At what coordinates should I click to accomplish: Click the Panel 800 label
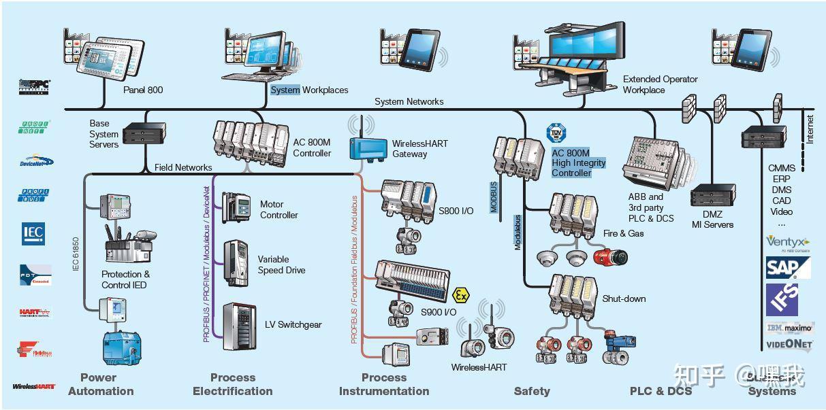(143, 90)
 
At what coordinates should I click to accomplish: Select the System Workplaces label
(309, 90)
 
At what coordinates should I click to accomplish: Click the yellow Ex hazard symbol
(461, 295)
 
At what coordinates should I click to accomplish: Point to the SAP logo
(788, 267)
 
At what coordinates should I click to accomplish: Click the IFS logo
(782, 300)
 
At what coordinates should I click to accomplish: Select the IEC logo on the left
(33, 233)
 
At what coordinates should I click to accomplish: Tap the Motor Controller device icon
(236, 207)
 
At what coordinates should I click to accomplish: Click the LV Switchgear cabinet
(239, 326)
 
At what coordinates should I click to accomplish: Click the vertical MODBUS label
(494, 197)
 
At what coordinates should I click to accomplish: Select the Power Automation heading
(100, 384)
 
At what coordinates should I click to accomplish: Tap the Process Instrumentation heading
(384, 384)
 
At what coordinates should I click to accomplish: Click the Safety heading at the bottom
(532, 391)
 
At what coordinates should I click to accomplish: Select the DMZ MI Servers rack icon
(712, 197)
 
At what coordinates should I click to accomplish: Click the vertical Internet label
(810, 129)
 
